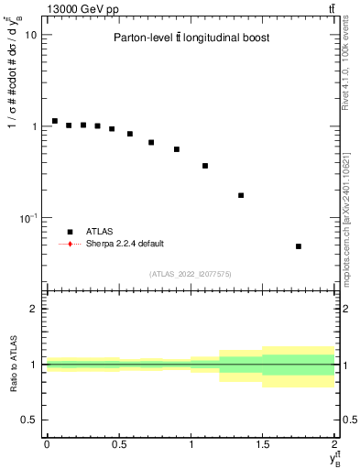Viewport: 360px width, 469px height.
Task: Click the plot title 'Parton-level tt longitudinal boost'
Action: [x=191, y=38]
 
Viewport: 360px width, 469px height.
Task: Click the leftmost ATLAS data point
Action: [x=54, y=121]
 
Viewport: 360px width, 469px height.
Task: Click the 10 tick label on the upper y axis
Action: [x=29, y=35]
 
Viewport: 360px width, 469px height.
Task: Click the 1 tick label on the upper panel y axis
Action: [x=34, y=126]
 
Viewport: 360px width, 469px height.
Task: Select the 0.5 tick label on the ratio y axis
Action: [x=29, y=420]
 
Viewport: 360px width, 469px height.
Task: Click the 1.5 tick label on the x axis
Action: [x=263, y=444]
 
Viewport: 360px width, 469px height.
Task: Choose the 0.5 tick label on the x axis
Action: [x=118, y=444]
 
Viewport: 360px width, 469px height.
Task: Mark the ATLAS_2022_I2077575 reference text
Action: [x=191, y=273]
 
